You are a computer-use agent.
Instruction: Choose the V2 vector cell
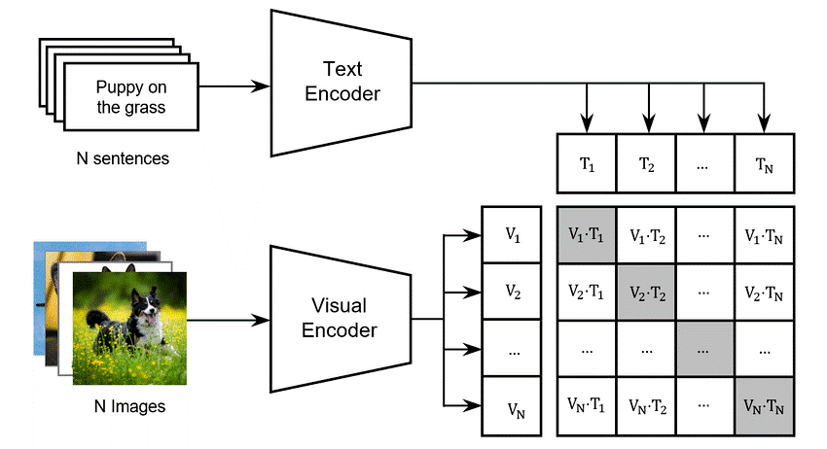coord(512,290)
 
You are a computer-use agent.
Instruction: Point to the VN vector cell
coord(512,402)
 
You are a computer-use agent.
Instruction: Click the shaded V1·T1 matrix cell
coord(586,234)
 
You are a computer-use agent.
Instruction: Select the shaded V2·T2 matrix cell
coord(646,291)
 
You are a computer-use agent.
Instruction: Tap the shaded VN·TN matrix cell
coord(766,403)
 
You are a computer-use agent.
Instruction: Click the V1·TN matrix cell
coord(766,234)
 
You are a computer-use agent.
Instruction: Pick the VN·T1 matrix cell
coord(586,403)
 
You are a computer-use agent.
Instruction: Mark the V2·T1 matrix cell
coord(586,291)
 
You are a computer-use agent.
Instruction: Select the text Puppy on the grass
coord(130,96)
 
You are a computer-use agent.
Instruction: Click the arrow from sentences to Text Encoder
coord(234,86)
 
